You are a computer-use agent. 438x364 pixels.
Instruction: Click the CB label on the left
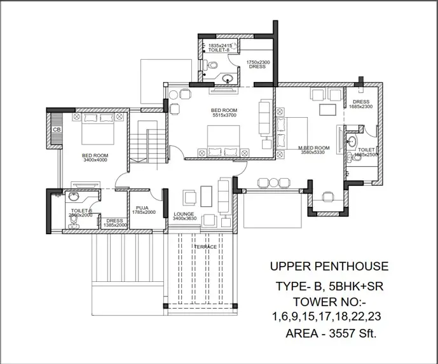(x=57, y=130)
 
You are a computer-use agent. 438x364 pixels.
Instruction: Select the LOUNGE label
(x=184, y=214)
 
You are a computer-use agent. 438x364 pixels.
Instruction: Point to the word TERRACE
(x=205, y=247)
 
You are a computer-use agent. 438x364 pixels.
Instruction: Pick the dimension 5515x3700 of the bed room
(x=224, y=116)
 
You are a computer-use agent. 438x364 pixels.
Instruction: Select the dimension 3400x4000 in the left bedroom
(x=95, y=160)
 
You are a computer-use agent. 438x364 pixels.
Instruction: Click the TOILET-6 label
(x=81, y=211)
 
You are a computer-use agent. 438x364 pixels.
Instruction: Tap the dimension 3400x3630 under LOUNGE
(x=185, y=220)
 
